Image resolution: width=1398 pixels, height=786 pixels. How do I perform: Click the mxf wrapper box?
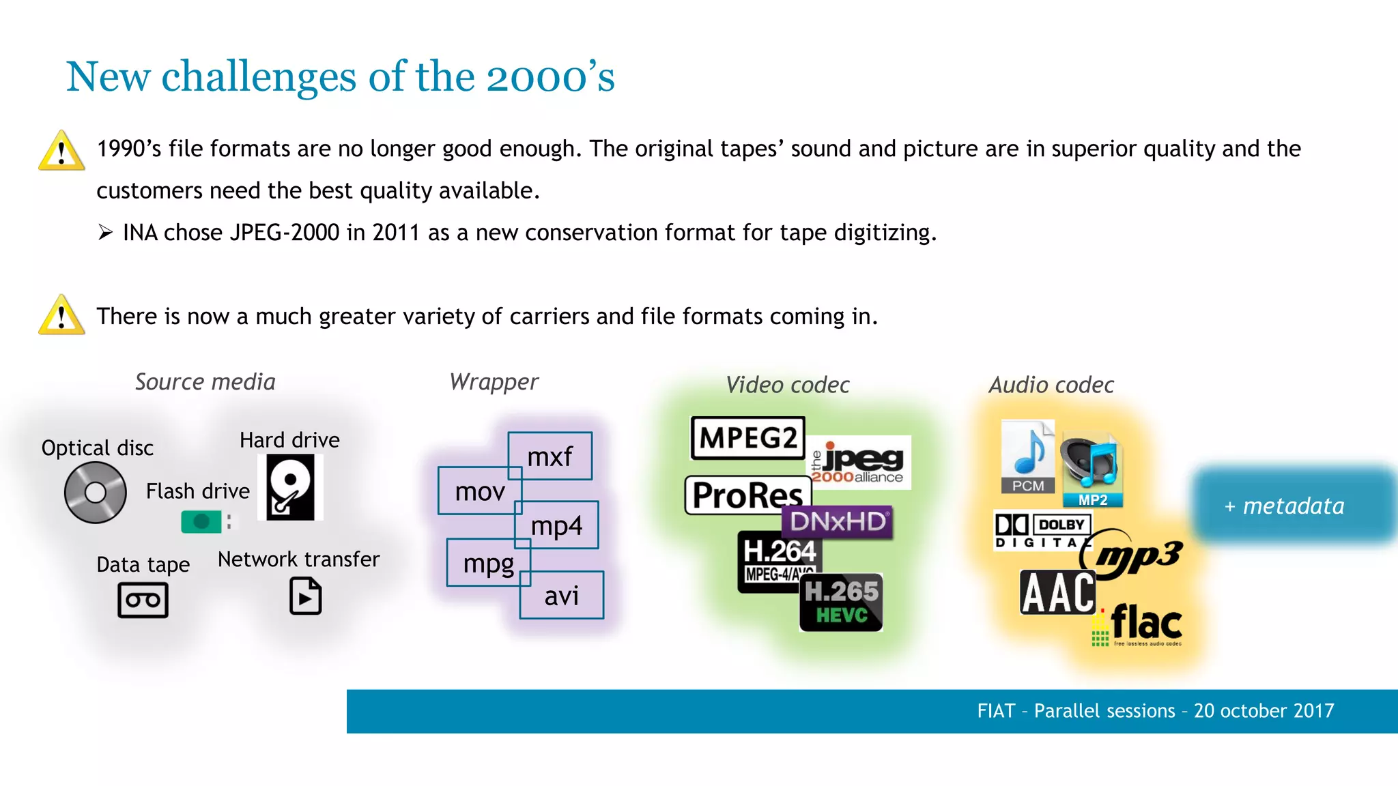(x=550, y=456)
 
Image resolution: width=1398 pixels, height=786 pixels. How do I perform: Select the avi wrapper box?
(x=562, y=596)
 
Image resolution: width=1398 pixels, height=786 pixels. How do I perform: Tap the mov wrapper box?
(x=480, y=491)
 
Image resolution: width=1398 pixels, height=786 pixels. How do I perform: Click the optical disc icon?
(x=96, y=492)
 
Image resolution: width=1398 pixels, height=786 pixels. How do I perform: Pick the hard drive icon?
(x=290, y=487)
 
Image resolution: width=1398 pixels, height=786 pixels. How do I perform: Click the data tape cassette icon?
(x=143, y=600)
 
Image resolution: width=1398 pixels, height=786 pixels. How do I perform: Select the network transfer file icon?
(x=305, y=596)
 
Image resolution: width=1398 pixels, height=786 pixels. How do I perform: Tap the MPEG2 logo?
(x=747, y=438)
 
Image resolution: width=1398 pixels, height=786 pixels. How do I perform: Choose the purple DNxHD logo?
(x=838, y=522)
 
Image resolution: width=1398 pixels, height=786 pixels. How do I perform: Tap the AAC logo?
(x=1057, y=592)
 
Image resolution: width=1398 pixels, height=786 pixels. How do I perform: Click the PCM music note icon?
(x=1028, y=456)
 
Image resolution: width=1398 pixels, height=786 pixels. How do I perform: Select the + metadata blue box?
(x=1293, y=506)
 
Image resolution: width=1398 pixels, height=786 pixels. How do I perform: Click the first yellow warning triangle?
(x=61, y=151)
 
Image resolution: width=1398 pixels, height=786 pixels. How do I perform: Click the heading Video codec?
(x=787, y=385)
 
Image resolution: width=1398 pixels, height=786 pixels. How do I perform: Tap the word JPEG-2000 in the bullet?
(x=284, y=233)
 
